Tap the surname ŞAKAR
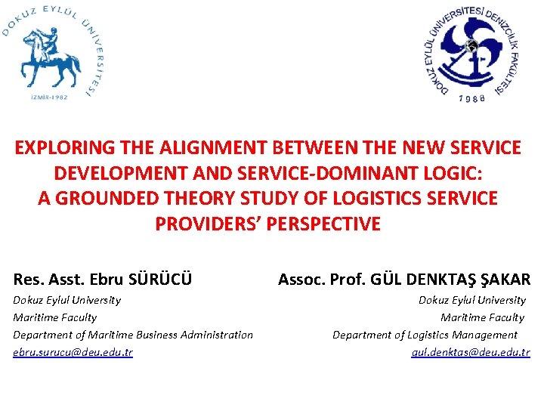coord(502,279)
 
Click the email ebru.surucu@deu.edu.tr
coord(73,352)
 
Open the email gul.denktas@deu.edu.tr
coord(471,352)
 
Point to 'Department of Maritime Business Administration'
coord(133,335)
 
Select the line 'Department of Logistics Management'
coord(425,335)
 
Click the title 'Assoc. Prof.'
coord(321,279)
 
